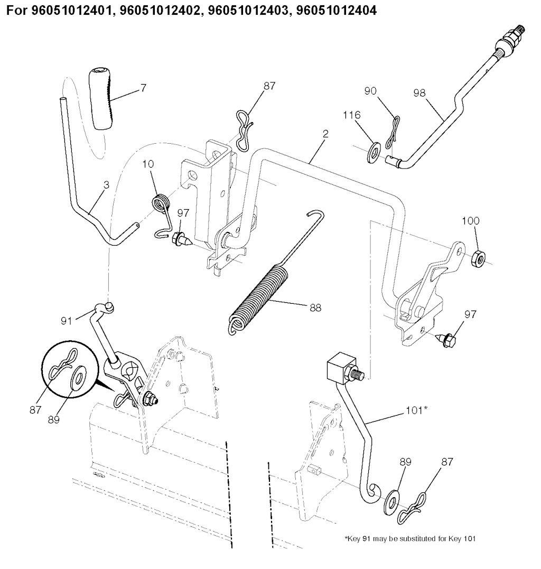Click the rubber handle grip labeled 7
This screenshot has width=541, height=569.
(x=100, y=98)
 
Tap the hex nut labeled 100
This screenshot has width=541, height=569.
(x=478, y=258)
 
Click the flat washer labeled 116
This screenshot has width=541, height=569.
(x=372, y=153)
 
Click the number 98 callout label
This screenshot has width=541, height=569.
(x=419, y=93)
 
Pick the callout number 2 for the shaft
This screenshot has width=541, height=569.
(x=325, y=134)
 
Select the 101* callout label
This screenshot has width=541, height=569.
(x=416, y=410)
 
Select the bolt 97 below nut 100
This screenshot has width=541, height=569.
(x=446, y=338)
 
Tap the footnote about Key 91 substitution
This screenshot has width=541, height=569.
(x=410, y=539)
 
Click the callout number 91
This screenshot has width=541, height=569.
(x=66, y=321)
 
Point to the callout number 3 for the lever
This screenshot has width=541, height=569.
(x=106, y=185)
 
